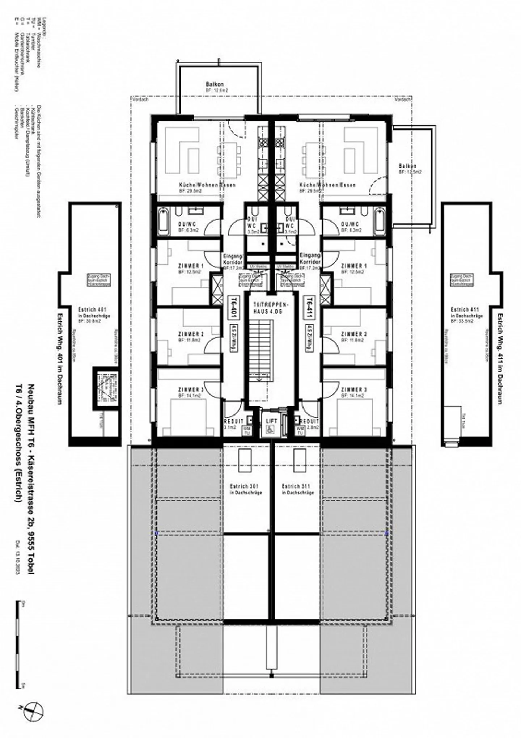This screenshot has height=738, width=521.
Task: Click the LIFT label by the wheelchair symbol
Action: tap(271, 421)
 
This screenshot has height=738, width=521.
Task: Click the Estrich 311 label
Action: tap(296, 486)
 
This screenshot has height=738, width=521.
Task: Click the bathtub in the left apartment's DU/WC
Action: tap(164, 221)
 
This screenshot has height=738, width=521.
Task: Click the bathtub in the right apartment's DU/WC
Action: tap(379, 221)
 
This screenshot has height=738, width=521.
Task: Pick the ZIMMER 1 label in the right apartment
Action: tap(354, 266)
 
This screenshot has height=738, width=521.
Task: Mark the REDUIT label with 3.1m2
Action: tap(233, 421)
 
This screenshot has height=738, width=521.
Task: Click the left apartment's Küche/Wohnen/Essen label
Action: tap(207, 185)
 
